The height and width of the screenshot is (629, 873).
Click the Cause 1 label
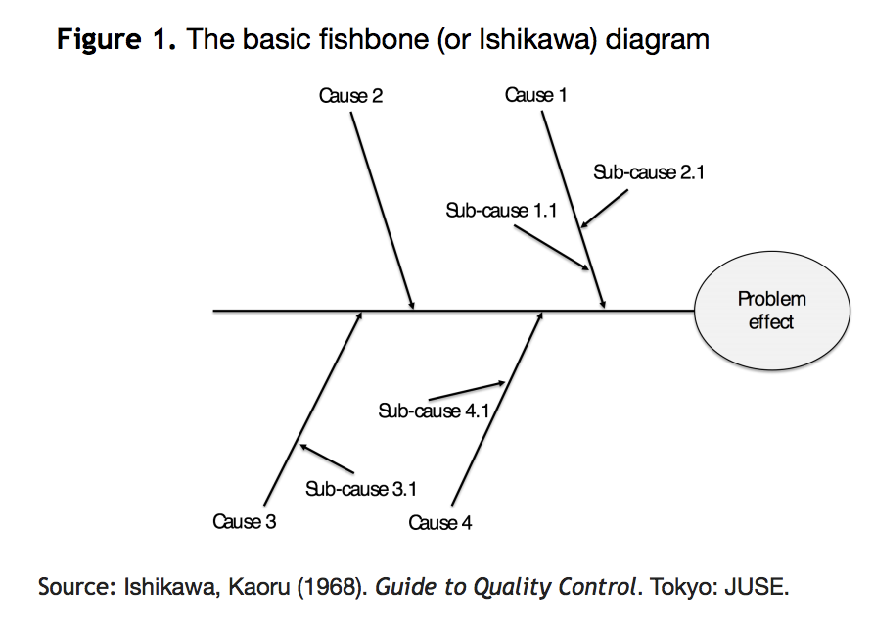[x=535, y=95]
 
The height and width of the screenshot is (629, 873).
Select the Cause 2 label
[x=350, y=96]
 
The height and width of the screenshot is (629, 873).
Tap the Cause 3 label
[x=245, y=521]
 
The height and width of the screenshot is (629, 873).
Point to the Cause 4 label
[x=440, y=523]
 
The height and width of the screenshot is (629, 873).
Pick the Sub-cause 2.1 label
[x=649, y=172]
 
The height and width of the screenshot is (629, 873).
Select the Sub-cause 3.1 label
[x=361, y=488]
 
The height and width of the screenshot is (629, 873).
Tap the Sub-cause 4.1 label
[x=434, y=411]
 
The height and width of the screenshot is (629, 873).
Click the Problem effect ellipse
[x=772, y=311]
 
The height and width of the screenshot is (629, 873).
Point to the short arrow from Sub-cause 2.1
[x=604, y=210]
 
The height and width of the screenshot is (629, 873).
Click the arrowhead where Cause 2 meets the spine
[x=412, y=305]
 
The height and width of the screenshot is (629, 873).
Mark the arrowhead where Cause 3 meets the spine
[x=360, y=316]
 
